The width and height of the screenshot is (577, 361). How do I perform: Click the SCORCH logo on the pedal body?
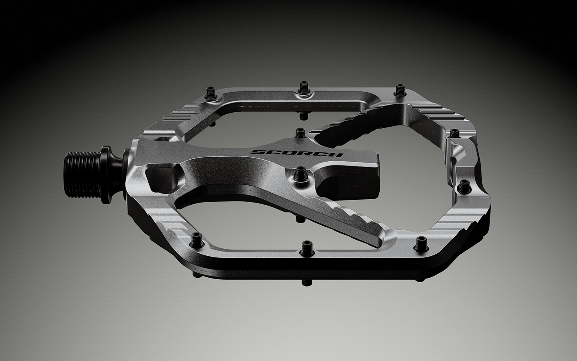click(x=297, y=153)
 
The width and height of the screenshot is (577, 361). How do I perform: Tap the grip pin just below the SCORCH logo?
click(x=300, y=173)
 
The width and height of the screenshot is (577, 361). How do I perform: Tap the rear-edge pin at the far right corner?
click(x=399, y=90)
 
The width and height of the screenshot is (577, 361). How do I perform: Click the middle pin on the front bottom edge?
click(x=307, y=247)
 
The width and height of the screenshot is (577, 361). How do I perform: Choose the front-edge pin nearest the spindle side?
click(x=196, y=238)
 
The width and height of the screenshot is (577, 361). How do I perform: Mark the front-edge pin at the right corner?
click(x=420, y=243)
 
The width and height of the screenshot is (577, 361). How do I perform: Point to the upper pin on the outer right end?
click(x=455, y=133)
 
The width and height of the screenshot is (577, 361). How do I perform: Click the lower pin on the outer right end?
click(x=464, y=186)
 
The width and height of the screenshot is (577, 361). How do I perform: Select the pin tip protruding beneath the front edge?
click(x=305, y=282)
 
